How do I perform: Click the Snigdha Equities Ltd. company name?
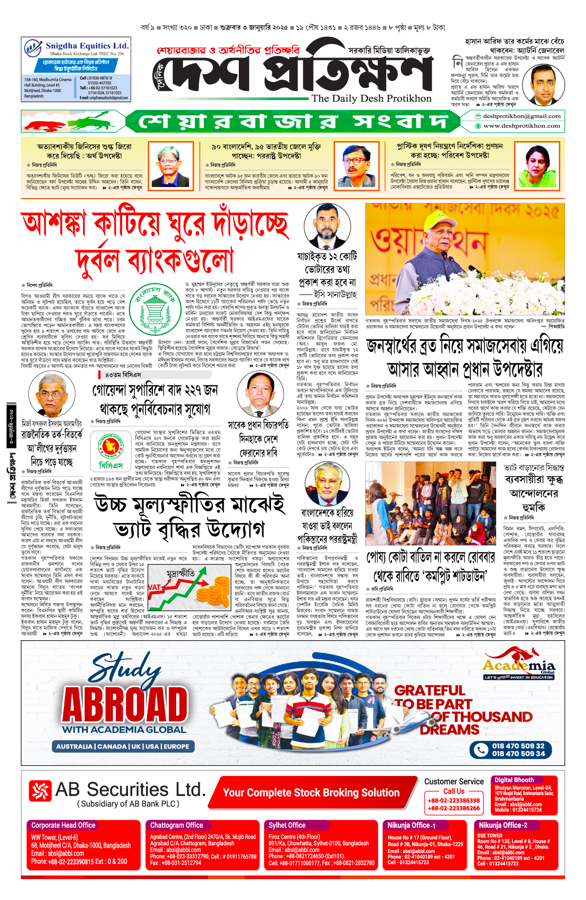pos(87,46)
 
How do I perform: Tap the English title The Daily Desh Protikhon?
pos(371,98)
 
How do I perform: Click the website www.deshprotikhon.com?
pos(522,126)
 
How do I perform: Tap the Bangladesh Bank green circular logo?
pos(157,308)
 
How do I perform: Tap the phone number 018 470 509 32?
pos(518,746)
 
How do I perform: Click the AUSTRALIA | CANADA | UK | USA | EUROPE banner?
pos(123,747)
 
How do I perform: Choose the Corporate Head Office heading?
pos(63,825)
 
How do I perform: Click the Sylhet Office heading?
pos(287,825)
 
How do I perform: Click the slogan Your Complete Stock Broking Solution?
pos(311,793)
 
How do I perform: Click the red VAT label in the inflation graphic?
pos(154,587)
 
